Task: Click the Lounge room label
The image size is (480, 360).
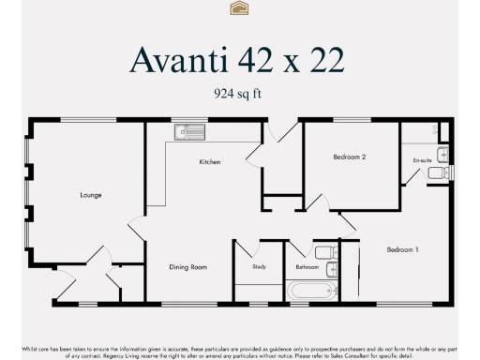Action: (91, 195)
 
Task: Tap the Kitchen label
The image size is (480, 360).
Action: (210, 162)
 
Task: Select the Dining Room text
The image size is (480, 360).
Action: (187, 267)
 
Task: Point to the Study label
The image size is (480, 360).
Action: (259, 267)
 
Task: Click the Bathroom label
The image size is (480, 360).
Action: (307, 267)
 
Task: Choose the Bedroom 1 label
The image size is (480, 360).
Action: (403, 249)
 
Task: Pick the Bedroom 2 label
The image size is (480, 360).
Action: (349, 157)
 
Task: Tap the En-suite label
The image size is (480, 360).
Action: (422, 160)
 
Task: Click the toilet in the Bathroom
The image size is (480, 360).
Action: (324, 251)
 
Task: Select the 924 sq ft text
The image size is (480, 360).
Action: (238, 93)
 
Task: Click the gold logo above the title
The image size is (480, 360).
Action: (239, 8)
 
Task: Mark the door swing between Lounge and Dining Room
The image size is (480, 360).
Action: (137, 228)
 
